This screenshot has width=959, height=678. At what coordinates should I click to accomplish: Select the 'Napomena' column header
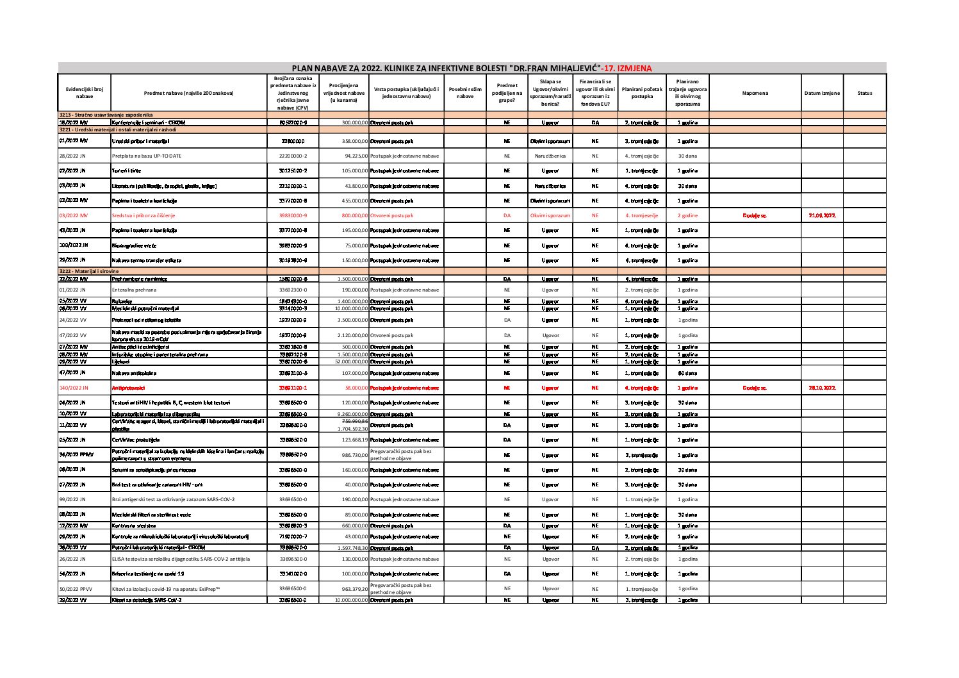(x=755, y=94)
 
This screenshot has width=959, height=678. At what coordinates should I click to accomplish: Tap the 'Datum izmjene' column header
(x=822, y=94)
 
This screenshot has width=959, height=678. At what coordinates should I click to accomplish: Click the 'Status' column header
(x=864, y=94)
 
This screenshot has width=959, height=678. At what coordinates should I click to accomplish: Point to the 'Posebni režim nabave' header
(x=465, y=94)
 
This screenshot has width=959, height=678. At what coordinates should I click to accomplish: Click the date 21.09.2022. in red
(x=822, y=216)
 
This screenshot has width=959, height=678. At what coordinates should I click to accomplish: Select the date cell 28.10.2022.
(x=822, y=388)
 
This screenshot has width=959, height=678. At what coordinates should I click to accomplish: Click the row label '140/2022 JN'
(x=74, y=388)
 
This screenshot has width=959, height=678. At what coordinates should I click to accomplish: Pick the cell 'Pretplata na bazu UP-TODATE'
(x=147, y=156)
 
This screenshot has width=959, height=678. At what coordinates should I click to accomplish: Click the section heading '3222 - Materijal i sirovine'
(x=89, y=271)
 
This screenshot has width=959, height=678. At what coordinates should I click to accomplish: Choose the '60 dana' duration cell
(x=687, y=373)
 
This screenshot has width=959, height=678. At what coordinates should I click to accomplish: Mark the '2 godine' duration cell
(x=687, y=216)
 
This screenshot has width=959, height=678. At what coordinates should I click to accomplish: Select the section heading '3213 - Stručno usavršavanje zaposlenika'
(x=106, y=114)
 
